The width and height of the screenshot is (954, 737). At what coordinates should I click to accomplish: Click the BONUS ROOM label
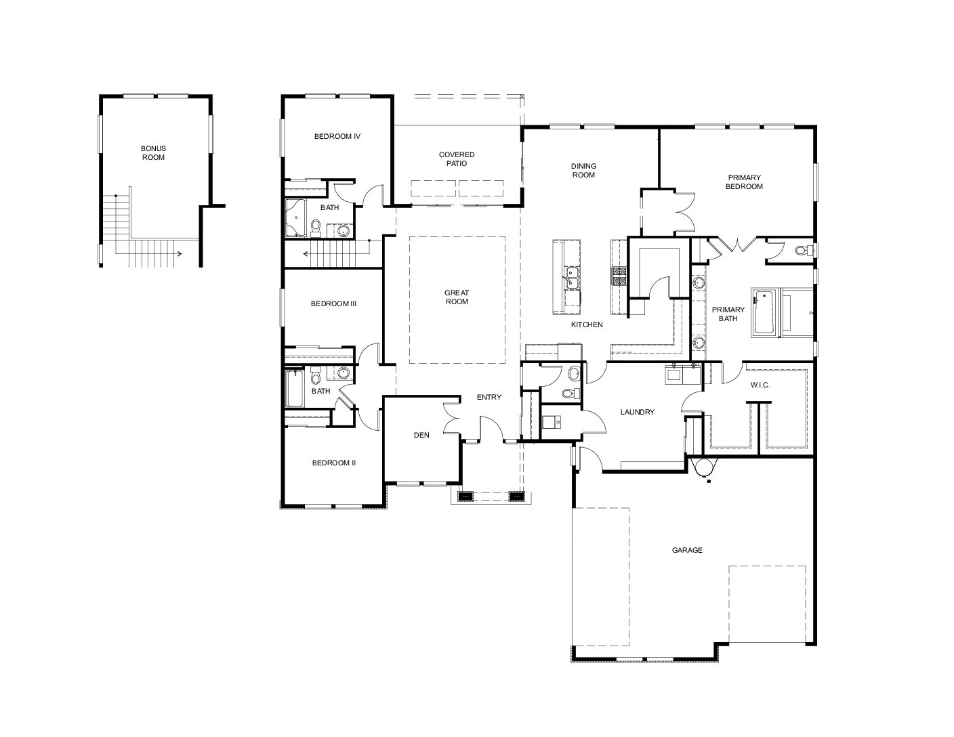153,153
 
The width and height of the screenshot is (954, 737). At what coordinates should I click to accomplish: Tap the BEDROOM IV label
337,137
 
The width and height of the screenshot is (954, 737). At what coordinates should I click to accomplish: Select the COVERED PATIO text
457,159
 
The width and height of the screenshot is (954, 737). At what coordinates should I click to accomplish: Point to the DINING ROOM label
583,170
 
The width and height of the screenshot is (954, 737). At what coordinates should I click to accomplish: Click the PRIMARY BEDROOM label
744,182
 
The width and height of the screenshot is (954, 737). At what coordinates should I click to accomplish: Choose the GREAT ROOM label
457,297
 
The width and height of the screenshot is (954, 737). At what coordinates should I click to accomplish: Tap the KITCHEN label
587,325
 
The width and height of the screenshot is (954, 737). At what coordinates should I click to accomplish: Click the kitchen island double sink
572,278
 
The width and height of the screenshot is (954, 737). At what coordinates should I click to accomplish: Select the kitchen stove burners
619,276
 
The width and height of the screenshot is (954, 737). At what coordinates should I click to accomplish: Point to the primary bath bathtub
764,312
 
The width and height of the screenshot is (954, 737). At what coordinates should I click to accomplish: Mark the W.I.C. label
760,385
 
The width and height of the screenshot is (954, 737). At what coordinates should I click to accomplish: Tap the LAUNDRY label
637,412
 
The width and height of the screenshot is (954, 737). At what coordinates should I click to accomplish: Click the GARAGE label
687,550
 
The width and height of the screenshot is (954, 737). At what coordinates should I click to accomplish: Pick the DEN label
421,435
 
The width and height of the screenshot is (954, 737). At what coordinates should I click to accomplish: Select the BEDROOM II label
333,463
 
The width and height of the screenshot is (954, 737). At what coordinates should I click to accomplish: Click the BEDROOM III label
333,303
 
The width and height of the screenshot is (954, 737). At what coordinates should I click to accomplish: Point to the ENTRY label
489,397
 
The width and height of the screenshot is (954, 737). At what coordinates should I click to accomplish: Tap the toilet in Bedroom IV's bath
316,226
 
